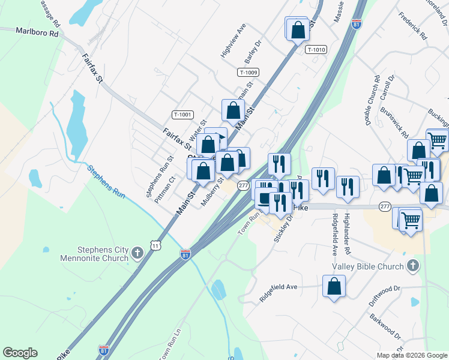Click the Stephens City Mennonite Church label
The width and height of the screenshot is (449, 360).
[94, 254]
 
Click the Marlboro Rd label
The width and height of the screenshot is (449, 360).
[37, 32]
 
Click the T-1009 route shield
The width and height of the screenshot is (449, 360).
[248, 73]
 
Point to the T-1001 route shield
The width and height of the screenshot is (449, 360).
[182, 115]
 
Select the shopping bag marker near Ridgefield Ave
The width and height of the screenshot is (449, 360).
[334, 287]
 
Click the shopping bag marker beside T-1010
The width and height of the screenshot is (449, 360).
[297, 29]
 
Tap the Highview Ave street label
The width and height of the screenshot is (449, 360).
[234, 41]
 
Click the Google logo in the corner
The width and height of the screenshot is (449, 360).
[20, 353]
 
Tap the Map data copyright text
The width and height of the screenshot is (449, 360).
[412, 355]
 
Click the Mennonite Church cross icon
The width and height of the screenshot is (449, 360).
[137, 253]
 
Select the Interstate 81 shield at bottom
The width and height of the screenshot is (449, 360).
[104, 349]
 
